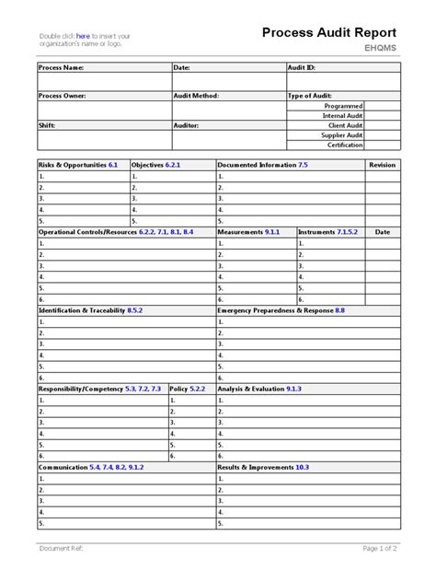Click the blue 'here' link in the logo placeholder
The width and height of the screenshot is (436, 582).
(x=82, y=36)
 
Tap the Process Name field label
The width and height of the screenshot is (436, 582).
(x=61, y=67)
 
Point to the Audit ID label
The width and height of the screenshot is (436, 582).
(x=304, y=67)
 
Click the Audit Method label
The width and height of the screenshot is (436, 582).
(x=196, y=95)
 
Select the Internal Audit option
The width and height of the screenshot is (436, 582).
(x=344, y=115)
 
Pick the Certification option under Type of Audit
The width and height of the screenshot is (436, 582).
(x=346, y=144)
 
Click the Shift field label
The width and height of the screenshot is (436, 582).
(x=47, y=124)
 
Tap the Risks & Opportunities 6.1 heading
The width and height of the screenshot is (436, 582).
(x=78, y=164)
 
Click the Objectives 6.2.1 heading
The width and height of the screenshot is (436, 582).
(x=156, y=164)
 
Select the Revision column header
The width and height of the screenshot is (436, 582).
(x=382, y=164)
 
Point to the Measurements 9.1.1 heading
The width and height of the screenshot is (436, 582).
(x=248, y=232)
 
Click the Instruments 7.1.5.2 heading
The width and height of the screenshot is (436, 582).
(x=328, y=232)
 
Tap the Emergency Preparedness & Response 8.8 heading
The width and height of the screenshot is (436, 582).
(x=281, y=310)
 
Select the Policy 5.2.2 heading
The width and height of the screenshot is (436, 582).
(x=188, y=389)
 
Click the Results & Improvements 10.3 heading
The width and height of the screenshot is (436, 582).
(x=263, y=467)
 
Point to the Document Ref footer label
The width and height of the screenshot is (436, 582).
(x=62, y=548)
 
